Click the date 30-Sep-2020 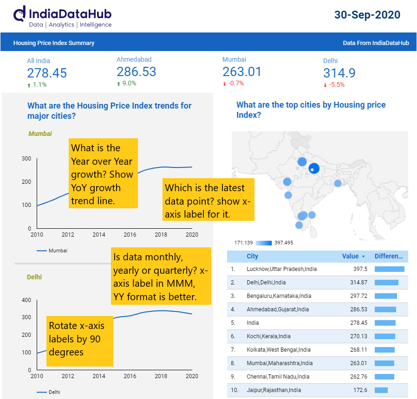[x=367, y=15]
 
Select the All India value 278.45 [x=47, y=73]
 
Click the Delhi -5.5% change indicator [x=334, y=85]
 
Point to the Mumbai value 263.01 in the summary [x=242, y=72]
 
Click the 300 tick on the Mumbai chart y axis [x=26, y=159]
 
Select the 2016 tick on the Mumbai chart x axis [x=130, y=235]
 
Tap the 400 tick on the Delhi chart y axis [x=26, y=300]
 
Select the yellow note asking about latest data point [x=208, y=200]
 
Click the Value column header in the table [x=350, y=256]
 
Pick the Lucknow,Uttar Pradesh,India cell [x=282, y=269]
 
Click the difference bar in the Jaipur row [x=381, y=390]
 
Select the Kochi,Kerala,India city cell [x=269, y=336]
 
